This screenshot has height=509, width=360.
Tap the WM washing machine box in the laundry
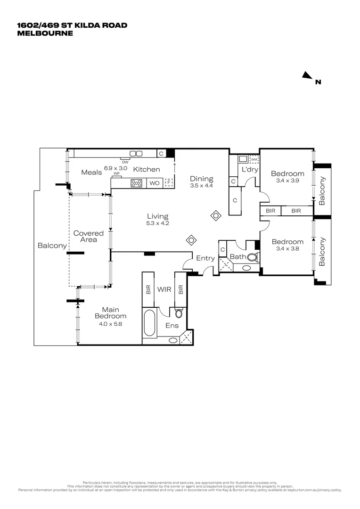tap(254, 159)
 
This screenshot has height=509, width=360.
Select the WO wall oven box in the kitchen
tap(154, 183)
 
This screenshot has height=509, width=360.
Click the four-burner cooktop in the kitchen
tap(137, 183)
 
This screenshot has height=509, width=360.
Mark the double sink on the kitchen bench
tap(136, 153)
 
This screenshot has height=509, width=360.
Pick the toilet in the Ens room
tap(179, 313)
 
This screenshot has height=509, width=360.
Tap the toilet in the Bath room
tap(253, 257)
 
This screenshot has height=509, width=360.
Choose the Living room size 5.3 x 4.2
tap(157, 223)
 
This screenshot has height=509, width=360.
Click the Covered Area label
tap(89, 236)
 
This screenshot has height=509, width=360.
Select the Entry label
tap(205, 258)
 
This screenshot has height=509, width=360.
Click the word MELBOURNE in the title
tap(45, 33)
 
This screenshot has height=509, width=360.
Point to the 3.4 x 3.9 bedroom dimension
tap(287, 181)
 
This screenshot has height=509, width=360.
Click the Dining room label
tap(202, 179)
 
